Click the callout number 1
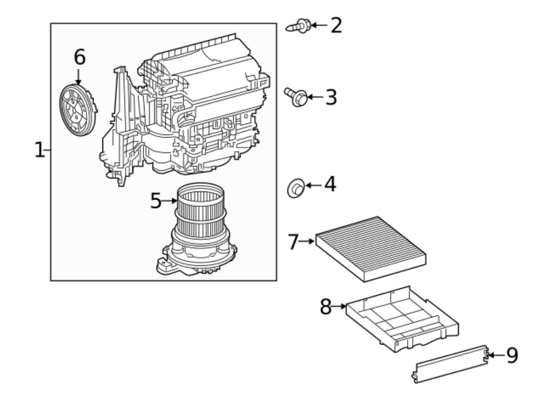(x=39, y=150)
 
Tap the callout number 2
(x=336, y=25)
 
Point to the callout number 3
(x=331, y=97)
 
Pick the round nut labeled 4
(x=296, y=188)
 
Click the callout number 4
(x=330, y=185)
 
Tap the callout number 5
(x=156, y=201)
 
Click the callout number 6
(x=79, y=57)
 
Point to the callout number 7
(x=293, y=242)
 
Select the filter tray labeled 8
(x=402, y=320)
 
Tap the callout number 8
(x=325, y=306)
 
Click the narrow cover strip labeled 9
(x=450, y=364)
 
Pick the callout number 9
(x=512, y=355)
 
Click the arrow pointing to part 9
(x=496, y=355)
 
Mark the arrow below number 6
(x=79, y=77)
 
